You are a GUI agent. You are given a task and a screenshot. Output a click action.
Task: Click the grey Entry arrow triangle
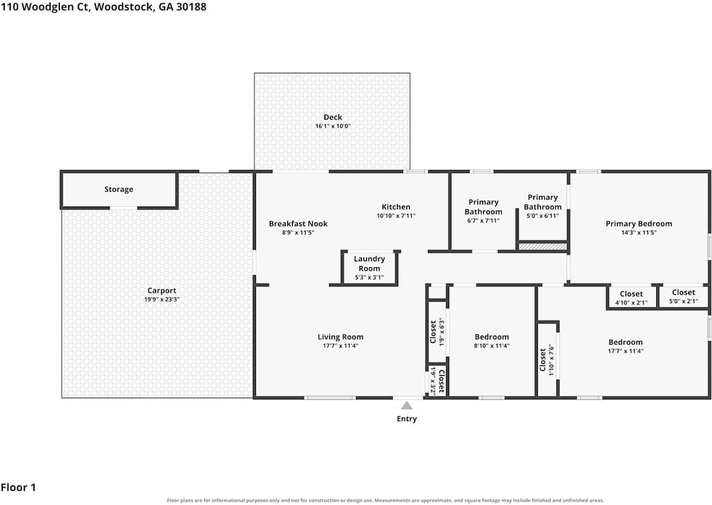(x=407, y=406)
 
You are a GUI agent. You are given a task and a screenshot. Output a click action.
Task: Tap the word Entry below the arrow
(x=407, y=419)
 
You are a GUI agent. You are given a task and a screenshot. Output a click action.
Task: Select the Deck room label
(x=333, y=117)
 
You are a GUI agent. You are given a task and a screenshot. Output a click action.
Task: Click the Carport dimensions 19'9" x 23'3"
(x=162, y=299)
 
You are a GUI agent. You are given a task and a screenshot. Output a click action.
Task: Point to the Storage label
(x=118, y=190)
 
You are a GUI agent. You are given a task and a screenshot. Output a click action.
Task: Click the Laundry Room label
(x=369, y=264)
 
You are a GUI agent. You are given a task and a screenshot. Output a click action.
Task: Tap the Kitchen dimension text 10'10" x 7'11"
(x=396, y=216)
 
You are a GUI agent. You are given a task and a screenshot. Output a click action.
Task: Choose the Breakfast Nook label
(x=298, y=224)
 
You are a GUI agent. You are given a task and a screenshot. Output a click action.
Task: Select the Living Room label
(x=340, y=337)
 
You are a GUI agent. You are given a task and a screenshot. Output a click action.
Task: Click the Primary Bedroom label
(x=639, y=224)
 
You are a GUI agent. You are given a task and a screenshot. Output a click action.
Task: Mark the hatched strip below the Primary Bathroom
(x=542, y=246)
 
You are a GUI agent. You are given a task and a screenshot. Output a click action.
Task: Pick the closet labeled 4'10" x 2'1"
(x=631, y=298)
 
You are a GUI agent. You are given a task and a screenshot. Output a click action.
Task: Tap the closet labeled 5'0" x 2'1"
(x=684, y=296)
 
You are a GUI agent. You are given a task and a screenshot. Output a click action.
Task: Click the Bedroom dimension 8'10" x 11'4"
(x=492, y=346)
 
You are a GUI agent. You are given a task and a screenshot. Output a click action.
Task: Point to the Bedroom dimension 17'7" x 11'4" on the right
(x=626, y=351)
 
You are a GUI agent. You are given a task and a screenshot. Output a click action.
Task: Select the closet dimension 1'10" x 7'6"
(x=551, y=359)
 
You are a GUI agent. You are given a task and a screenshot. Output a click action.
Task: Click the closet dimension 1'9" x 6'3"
(x=442, y=332)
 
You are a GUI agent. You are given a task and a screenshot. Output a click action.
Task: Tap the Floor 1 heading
(x=18, y=488)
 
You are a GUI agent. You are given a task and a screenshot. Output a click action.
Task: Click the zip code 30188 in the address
(x=191, y=7)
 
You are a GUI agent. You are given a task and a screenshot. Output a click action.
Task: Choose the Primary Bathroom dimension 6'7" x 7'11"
(x=483, y=221)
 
